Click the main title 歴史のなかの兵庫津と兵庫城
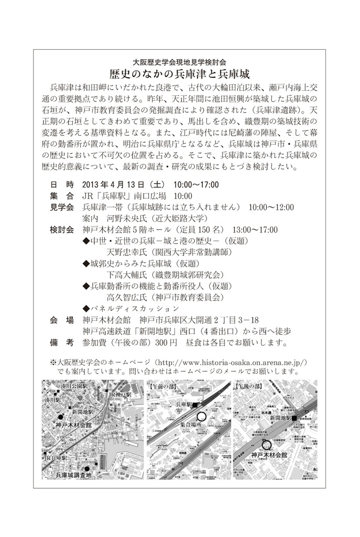click(179, 73)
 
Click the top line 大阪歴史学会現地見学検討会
click(179, 60)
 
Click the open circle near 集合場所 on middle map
click(201, 417)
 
